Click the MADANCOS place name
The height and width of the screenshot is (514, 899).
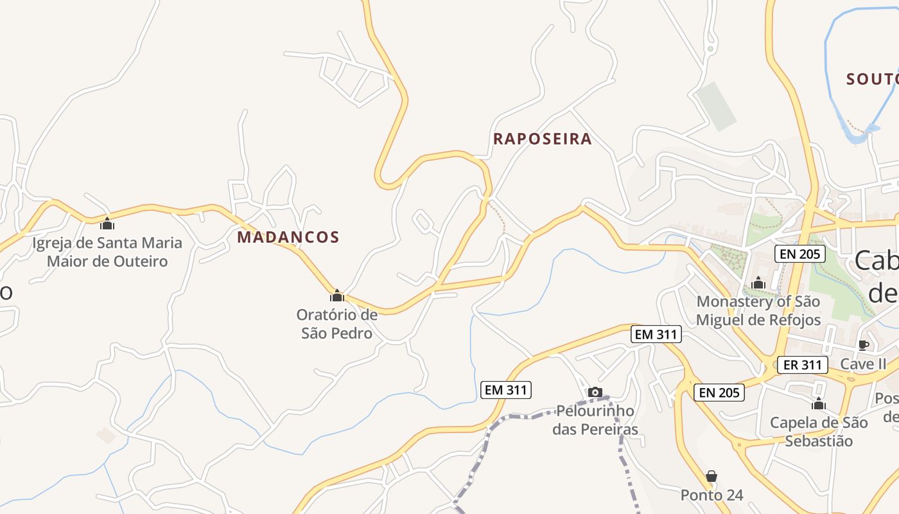pyautogui.click(x=288, y=237)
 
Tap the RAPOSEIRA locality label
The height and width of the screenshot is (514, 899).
pyautogui.click(x=542, y=139)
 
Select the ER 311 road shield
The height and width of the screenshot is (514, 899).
pyautogui.click(x=803, y=365)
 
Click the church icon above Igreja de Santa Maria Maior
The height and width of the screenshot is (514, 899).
pyautogui.click(x=107, y=224)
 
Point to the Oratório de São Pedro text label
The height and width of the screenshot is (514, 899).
pyautogui.click(x=336, y=324)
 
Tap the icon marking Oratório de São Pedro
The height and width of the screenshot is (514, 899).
pyautogui.click(x=337, y=296)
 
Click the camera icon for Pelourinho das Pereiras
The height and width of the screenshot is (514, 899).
pyautogui.click(x=595, y=392)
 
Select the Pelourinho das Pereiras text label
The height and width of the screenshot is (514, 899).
pyautogui.click(x=595, y=420)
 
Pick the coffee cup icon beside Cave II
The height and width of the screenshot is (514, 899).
pyautogui.click(x=864, y=345)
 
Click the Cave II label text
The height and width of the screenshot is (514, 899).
pyautogui.click(x=863, y=364)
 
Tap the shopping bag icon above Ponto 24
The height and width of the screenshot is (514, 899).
pyautogui.click(x=711, y=476)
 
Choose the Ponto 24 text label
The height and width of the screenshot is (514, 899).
pyautogui.click(x=711, y=495)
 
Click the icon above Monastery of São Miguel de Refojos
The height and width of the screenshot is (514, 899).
pyautogui.click(x=758, y=283)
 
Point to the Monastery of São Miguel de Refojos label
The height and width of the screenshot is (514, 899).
pyautogui.click(x=758, y=310)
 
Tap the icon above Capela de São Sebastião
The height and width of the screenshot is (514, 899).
pyautogui.click(x=819, y=404)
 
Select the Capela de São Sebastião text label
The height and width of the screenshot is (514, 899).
pyautogui.click(x=819, y=432)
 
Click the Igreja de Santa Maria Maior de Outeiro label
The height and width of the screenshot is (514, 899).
pyautogui.click(x=107, y=252)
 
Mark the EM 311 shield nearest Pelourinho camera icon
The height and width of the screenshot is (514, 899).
pyautogui.click(x=506, y=389)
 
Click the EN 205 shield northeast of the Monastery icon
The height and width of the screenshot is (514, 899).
pyautogui.click(x=799, y=254)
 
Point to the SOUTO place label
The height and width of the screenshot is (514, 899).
pyautogui.click(x=872, y=80)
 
